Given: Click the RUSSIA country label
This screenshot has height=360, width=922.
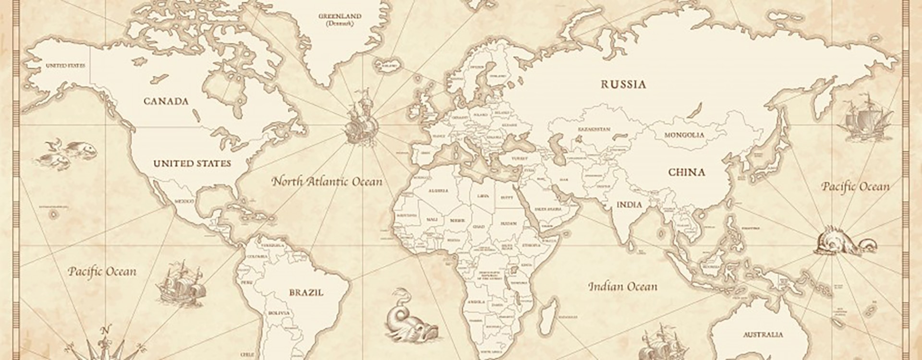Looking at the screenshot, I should click(x=623, y=84).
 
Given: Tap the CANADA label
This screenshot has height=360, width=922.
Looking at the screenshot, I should click(x=166, y=101).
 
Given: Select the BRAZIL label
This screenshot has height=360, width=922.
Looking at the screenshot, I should click(x=306, y=292).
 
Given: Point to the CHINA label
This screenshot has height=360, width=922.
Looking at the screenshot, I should click(x=687, y=172).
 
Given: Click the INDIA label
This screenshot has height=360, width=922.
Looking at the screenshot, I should click(x=629, y=204).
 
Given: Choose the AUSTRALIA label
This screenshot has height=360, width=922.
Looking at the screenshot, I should click(x=763, y=335).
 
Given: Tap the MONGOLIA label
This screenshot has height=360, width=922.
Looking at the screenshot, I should click(x=684, y=135).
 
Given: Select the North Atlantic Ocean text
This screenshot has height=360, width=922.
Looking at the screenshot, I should click(x=327, y=182).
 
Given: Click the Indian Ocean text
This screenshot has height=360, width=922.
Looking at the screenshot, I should click(x=623, y=287).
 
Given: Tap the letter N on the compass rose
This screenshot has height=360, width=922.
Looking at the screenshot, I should click(x=107, y=330).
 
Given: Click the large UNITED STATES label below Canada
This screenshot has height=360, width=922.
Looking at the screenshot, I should click(x=192, y=164).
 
